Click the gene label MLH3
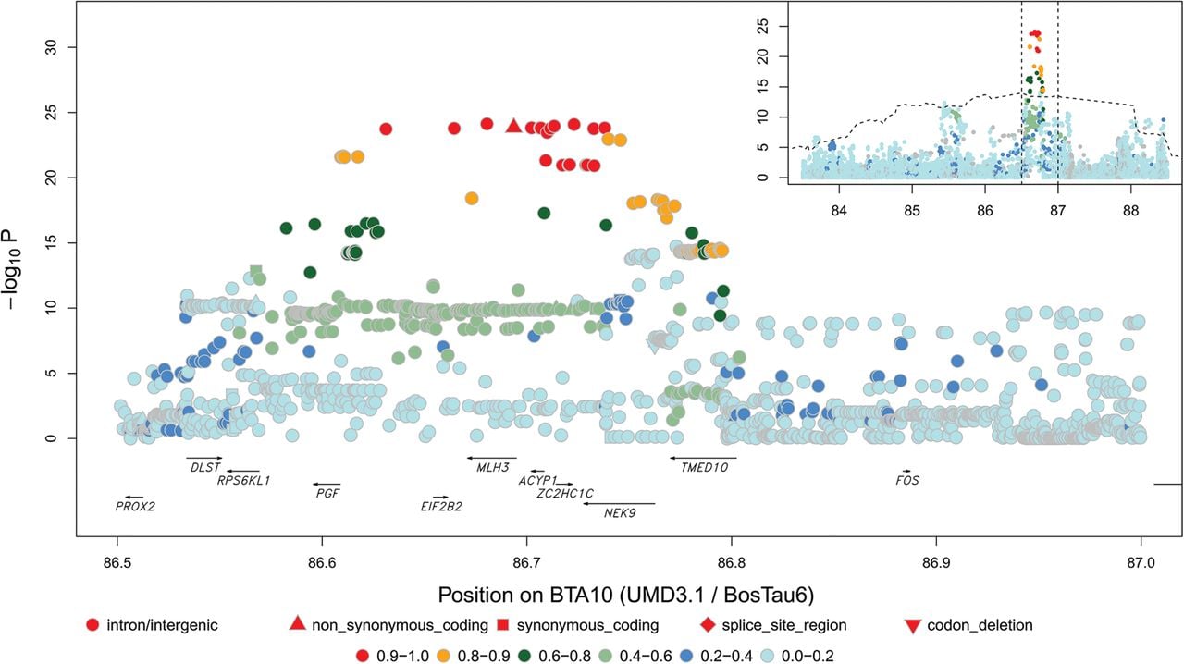pyautogui.click(x=493, y=467)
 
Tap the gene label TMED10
pyautogui.click(x=704, y=467)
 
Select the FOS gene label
pyautogui.click(x=907, y=481)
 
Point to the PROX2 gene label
pyautogui.click(x=135, y=507)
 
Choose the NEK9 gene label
pyautogui.click(x=620, y=513)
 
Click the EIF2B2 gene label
pyautogui.click(x=441, y=507)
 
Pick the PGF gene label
pyautogui.click(x=327, y=493)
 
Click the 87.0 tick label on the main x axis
pyautogui.click(x=1141, y=563)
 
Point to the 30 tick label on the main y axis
pyautogui.click(x=51, y=47)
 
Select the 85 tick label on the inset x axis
pyautogui.click(x=912, y=211)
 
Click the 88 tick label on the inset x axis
pyautogui.click(x=1131, y=211)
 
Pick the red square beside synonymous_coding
pyautogui.click(x=503, y=625)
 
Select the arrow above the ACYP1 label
pyautogui.click(x=537, y=471)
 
